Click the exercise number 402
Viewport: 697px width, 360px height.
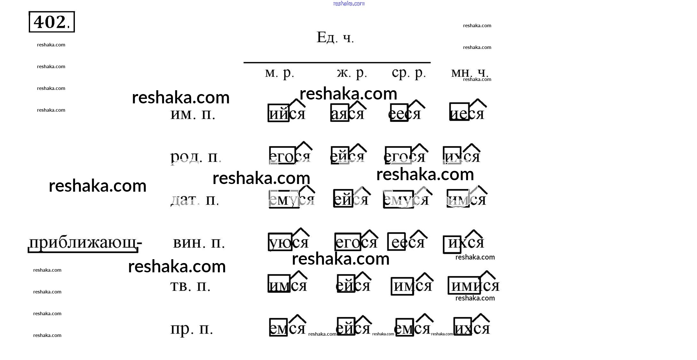click(51, 22)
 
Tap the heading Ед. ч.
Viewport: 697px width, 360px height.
click(335, 37)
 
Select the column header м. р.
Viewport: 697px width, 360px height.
click(280, 73)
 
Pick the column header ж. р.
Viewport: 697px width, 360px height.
click(352, 73)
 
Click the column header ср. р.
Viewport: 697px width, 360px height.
click(409, 73)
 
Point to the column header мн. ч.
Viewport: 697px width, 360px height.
click(470, 73)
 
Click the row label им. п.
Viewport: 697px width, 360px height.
click(193, 114)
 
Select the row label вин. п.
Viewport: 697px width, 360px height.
click(199, 243)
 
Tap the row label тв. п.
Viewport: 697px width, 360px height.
click(190, 286)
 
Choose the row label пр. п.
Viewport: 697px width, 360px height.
click(192, 329)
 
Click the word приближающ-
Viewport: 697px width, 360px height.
click(85, 243)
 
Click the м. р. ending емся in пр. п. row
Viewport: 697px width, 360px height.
click(287, 328)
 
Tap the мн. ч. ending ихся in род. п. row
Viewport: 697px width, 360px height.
click(462, 156)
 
